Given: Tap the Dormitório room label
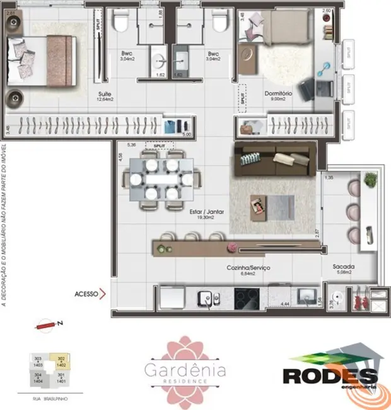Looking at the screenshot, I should point(278,93).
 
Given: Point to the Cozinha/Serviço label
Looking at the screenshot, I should point(248,268).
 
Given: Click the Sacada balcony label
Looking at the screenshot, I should point(343,267).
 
